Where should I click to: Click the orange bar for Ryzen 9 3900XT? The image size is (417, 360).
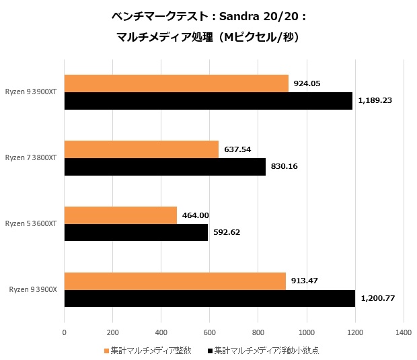176,83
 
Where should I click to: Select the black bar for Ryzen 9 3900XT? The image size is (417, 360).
208,101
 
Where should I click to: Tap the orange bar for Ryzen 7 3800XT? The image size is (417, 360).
141,149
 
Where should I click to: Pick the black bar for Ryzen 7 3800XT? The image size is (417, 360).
165,167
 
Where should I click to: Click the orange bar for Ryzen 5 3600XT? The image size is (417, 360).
120,215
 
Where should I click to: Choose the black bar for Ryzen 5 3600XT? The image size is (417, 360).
136,233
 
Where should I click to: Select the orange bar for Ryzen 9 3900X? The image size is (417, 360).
175,281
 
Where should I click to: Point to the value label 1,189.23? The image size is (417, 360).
375,101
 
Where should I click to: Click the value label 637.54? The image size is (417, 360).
237,149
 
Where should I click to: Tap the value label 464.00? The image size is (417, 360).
196,215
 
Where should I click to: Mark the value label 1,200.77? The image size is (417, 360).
377,299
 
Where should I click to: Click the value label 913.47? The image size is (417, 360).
305,281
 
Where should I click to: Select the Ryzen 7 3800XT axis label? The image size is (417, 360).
32,158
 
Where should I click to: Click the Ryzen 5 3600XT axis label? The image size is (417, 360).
32,223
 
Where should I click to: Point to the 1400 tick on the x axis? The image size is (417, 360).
404,332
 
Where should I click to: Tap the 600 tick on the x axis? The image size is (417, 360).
210,332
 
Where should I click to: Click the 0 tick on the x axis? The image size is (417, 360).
65,332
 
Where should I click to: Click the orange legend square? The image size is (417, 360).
106,351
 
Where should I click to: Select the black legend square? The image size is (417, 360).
211,351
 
